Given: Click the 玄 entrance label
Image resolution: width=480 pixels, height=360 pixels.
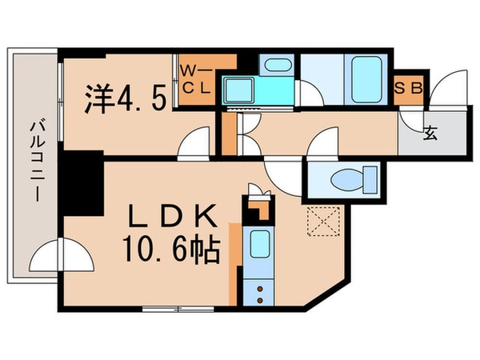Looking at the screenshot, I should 430,133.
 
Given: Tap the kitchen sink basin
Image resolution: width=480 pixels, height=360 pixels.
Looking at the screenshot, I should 258,243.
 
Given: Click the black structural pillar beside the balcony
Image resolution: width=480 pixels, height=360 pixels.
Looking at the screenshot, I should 82,179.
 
